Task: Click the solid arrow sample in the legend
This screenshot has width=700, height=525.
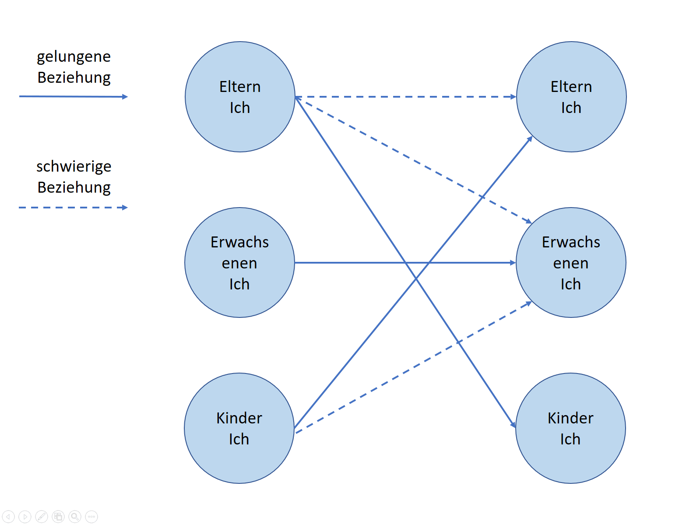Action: (x=74, y=96)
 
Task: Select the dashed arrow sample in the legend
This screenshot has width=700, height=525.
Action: (x=74, y=208)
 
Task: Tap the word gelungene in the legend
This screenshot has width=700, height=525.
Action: (x=74, y=57)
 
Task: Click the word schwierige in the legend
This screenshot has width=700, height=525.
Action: (x=74, y=166)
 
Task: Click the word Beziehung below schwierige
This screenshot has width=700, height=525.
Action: (x=74, y=187)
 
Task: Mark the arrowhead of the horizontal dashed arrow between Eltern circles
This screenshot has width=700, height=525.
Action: (x=513, y=97)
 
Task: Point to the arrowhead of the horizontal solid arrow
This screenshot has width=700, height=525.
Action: (x=513, y=263)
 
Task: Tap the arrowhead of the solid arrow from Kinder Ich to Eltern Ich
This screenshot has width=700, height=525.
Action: (x=529, y=139)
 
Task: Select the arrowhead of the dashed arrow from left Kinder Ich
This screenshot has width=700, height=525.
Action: (x=528, y=303)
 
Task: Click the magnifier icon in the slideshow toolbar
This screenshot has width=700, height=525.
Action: (x=74, y=516)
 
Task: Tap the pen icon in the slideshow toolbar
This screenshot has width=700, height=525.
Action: (x=42, y=516)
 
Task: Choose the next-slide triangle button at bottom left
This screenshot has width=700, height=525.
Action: (x=25, y=516)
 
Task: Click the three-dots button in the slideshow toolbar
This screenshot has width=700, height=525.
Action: (x=91, y=516)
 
